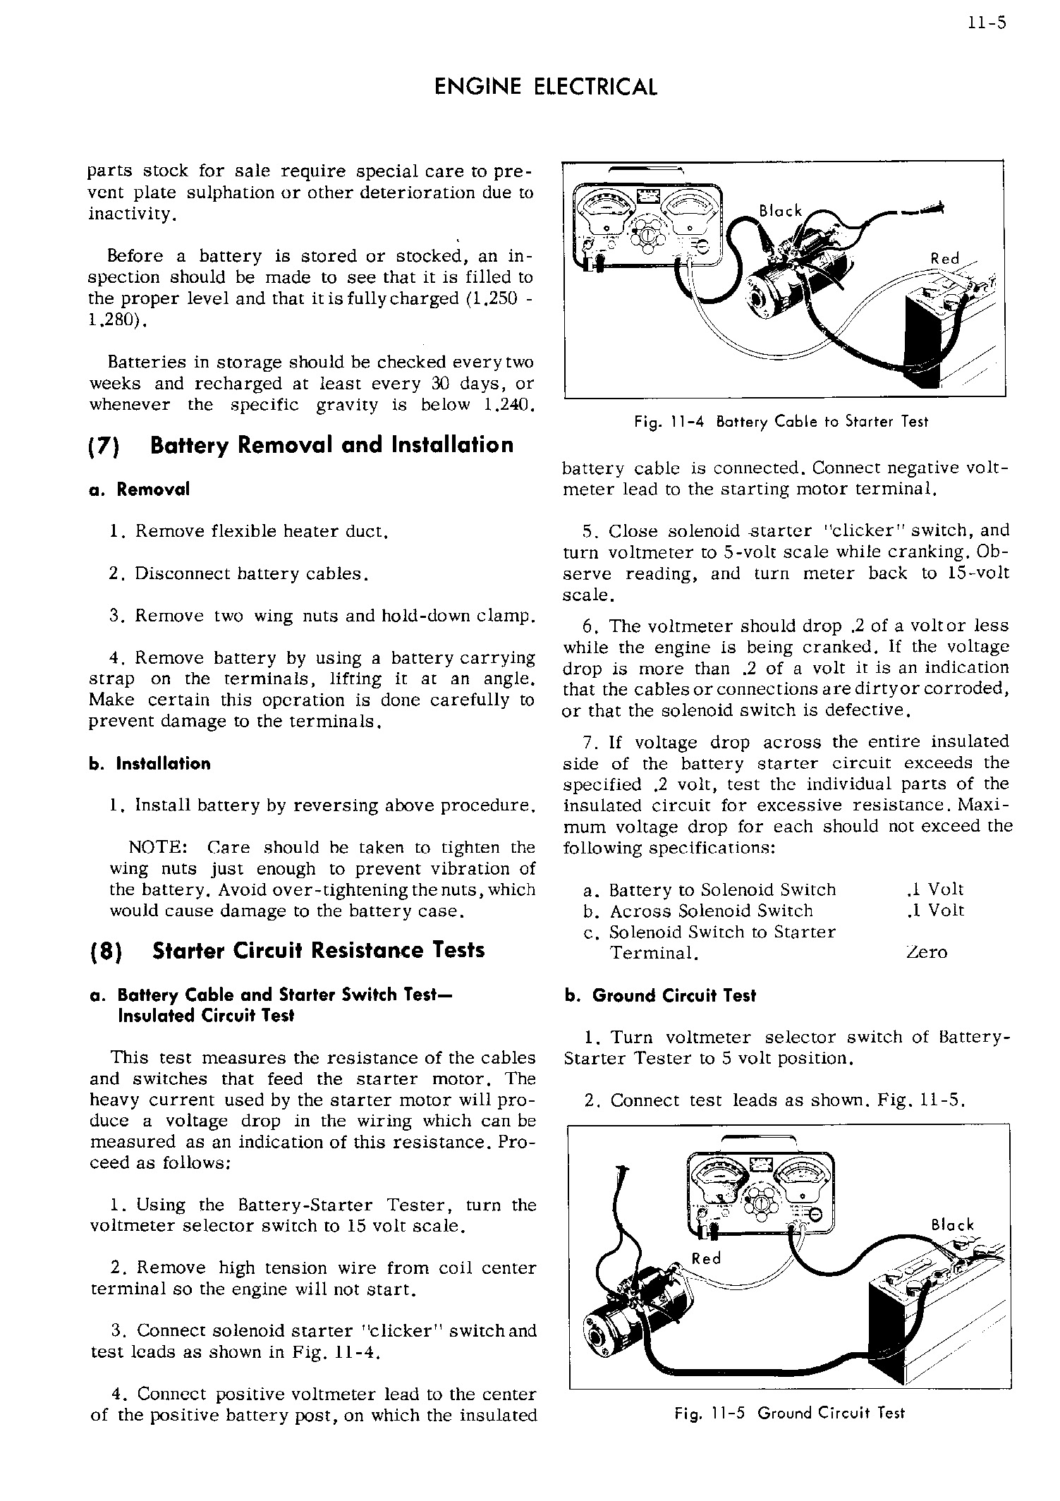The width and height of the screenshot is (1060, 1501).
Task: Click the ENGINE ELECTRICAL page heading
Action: coord(546,87)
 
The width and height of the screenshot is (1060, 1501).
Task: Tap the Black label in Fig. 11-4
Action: coord(780,211)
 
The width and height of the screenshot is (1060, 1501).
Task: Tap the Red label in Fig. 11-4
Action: coord(945,259)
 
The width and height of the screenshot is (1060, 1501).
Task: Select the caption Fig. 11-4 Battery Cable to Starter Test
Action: coord(781,422)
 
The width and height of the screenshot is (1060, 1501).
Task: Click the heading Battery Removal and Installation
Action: coord(332,446)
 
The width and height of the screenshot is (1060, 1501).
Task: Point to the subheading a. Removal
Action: coord(140,490)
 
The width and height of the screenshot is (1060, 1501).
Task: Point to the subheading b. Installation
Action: coord(150,764)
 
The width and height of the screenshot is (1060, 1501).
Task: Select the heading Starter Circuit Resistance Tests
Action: coord(318,951)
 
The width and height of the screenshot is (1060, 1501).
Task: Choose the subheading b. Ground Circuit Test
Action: coord(660,996)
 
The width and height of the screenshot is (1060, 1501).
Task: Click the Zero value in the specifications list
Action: coord(927,953)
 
